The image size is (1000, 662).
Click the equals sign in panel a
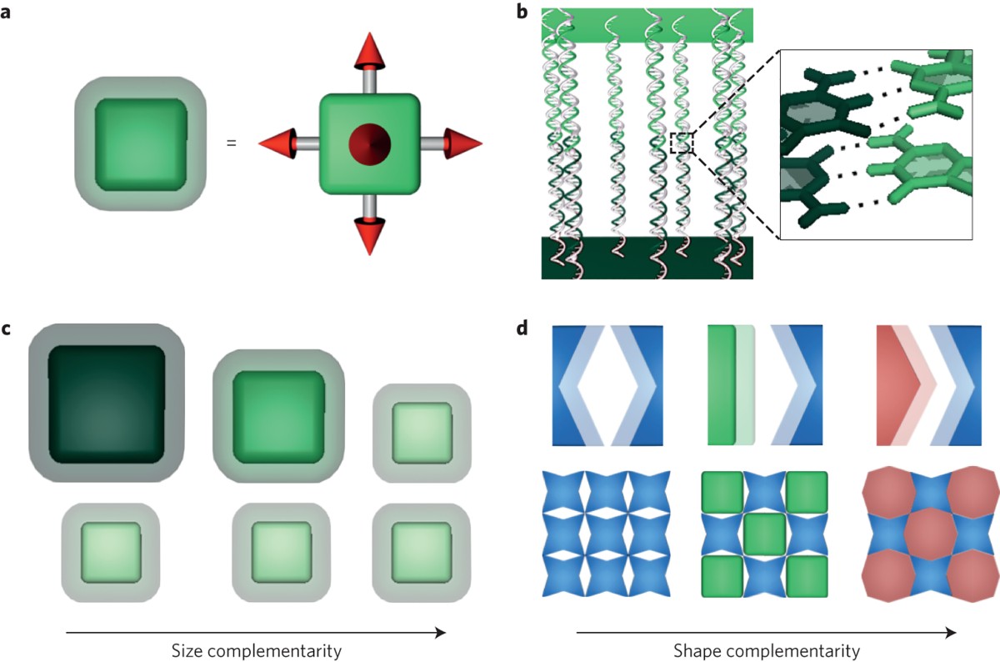(x=231, y=143)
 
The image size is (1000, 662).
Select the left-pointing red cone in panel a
(x=277, y=143)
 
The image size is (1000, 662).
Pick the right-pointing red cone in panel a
(x=462, y=143)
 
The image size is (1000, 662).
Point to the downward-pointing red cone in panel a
(x=367, y=235)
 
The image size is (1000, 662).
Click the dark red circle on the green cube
(x=367, y=144)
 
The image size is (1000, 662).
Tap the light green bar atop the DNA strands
(x=647, y=25)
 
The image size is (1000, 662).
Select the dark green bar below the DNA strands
(x=647, y=258)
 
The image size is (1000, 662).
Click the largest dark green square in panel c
(x=106, y=403)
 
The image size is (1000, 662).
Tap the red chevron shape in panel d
(x=899, y=385)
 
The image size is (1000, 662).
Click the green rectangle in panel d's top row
(x=722, y=385)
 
